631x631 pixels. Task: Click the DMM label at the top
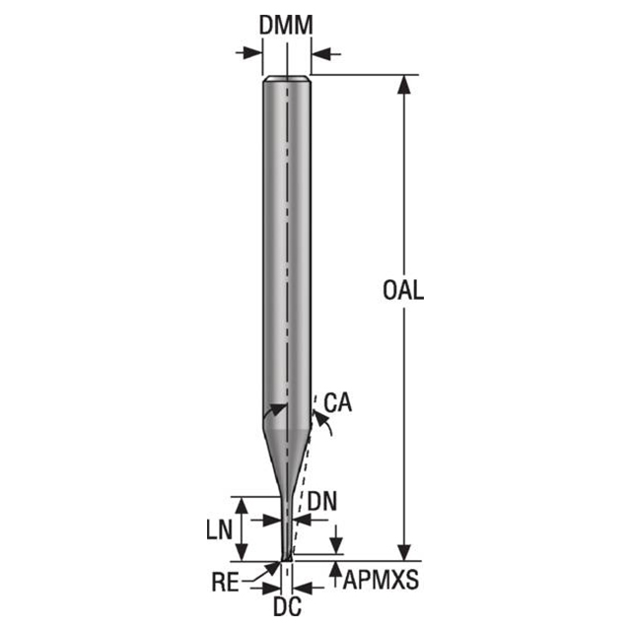tap(286, 27)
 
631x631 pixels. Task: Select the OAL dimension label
tap(403, 291)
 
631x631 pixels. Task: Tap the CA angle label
tap(337, 402)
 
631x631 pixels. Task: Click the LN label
tap(219, 528)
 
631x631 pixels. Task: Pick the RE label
tap(227, 582)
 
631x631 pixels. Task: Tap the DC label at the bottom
tap(286, 604)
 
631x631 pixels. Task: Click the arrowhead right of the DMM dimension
tap(321, 52)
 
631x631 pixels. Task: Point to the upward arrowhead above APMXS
tap(336, 568)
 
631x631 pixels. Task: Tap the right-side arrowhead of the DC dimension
tap(301, 588)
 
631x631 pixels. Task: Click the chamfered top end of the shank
tap(287, 79)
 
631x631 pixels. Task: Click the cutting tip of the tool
tap(287, 557)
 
